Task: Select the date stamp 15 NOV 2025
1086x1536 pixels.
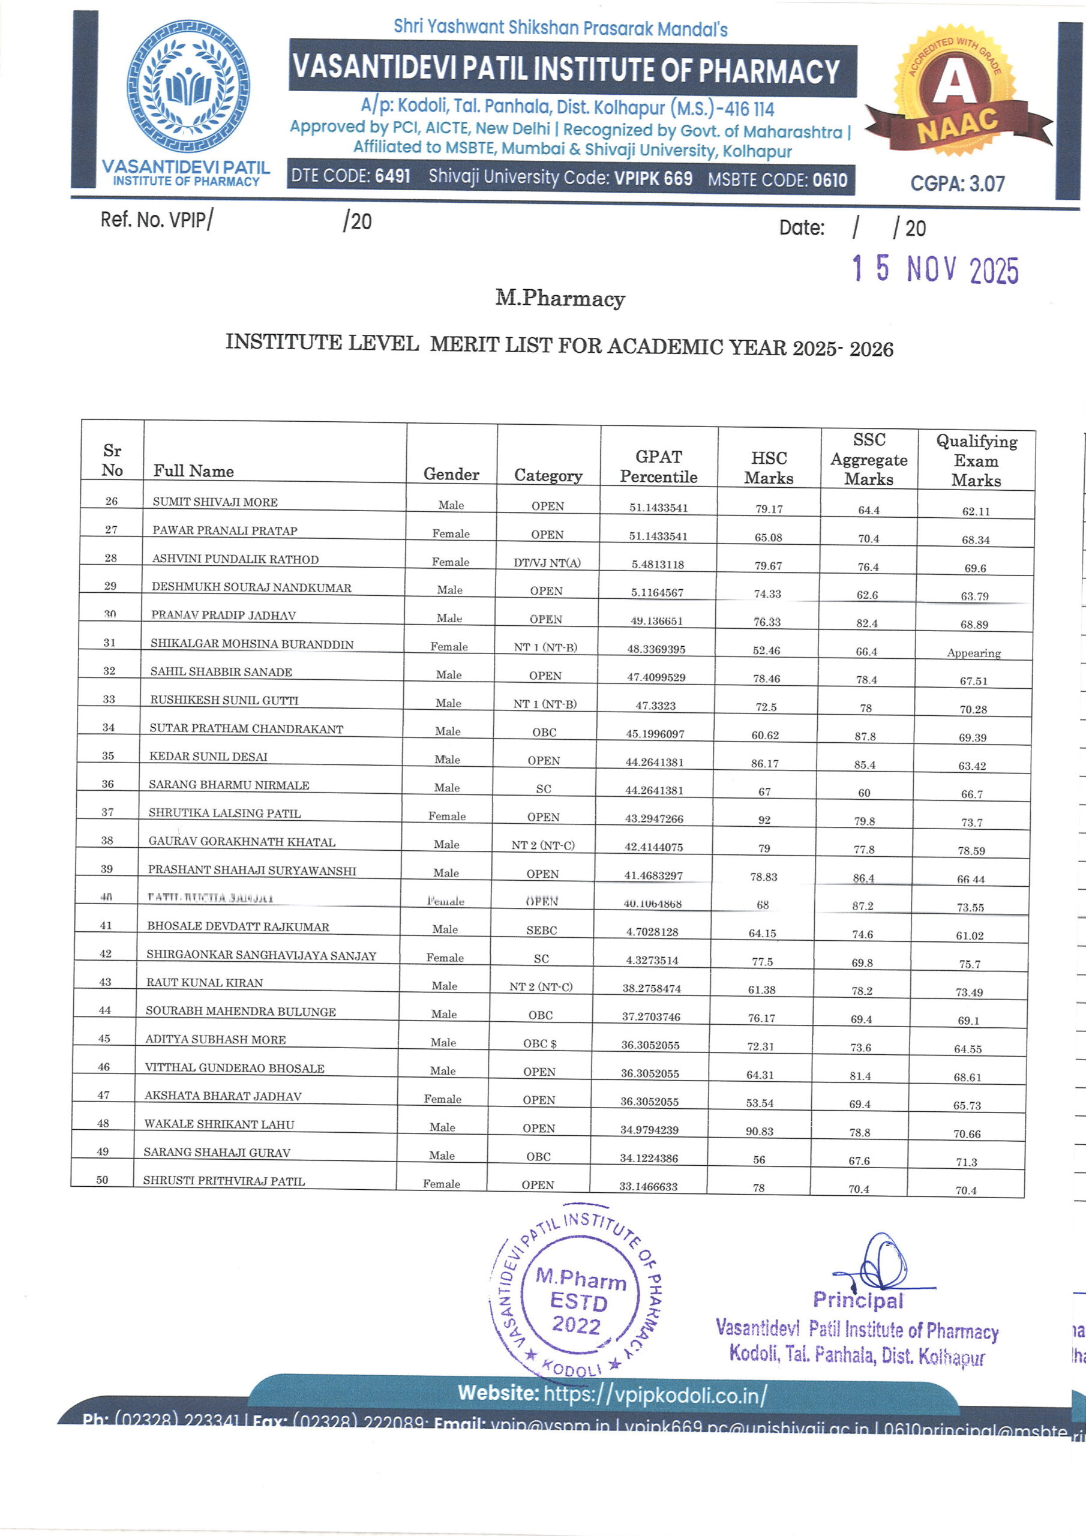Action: [935, 269]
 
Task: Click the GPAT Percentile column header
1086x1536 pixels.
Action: [658, 466]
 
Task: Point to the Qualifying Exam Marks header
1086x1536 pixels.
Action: [976, 460]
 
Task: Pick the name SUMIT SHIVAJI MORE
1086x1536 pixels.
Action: [215, 502]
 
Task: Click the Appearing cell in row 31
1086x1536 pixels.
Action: [974, 653]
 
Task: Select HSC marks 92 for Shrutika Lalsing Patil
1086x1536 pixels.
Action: [764, 820]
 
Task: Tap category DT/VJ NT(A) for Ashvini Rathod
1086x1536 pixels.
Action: [547, 563]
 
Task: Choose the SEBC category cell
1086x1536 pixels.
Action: [541, 930]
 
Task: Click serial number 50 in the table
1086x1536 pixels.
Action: [103, 1180]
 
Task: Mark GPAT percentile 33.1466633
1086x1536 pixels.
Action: [648, 1186]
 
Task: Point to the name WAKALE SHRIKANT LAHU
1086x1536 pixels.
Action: [219, 1124]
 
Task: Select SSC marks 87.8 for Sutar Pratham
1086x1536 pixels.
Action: [865, 736]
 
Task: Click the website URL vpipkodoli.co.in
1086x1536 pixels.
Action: [655, 1394]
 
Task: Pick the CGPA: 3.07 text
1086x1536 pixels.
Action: [957, 184]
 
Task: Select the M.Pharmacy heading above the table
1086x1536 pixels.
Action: [560, 298]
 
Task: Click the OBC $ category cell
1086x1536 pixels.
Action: [539, 1043]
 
